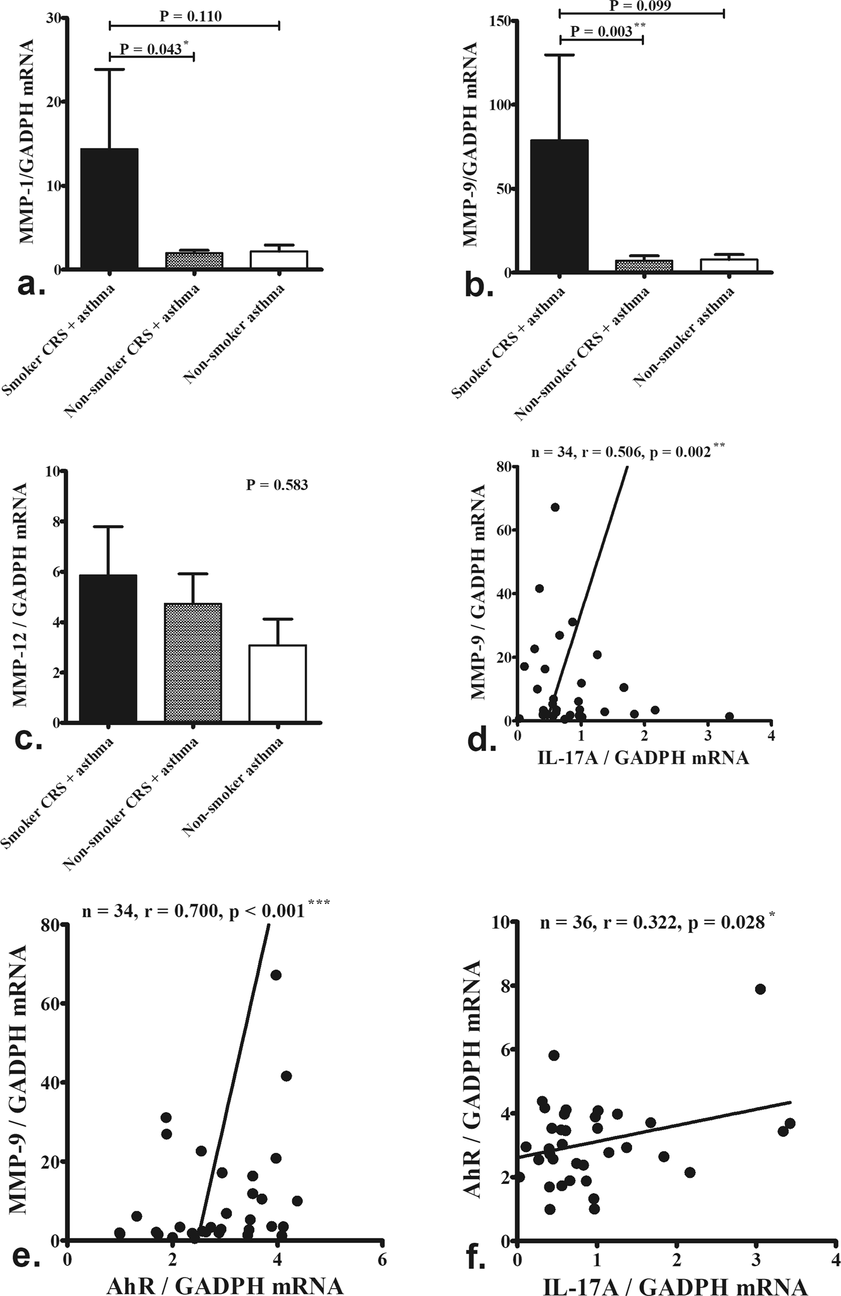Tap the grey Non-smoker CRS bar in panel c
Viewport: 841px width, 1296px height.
click(x=193, y=662)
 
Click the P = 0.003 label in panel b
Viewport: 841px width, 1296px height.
click(x=601, y=32)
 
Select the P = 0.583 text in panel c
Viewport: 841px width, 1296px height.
click(x=277, y=485)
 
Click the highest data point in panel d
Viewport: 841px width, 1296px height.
click(x=555, y=507)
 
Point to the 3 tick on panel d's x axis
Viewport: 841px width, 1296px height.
click(x=708, y=736)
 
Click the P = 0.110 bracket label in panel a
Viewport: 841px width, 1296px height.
click(x=191, y=16)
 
